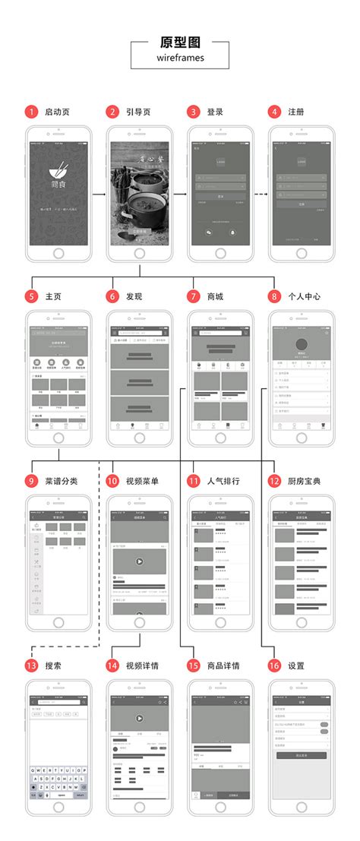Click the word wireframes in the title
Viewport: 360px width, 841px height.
click(180, 56)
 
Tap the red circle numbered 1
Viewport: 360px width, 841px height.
click(31, 112)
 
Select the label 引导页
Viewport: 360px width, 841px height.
click(137, 112)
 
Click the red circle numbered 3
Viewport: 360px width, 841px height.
click(194, 112)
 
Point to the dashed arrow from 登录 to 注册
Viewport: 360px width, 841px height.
click(259, 194)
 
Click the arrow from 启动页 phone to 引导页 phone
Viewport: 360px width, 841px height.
click(98, 194)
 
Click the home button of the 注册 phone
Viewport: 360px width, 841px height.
click(301, 254)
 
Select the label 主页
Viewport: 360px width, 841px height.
click(52, 296)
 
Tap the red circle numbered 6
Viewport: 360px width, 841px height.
click(112, 296)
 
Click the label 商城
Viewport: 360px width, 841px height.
click(216, 296)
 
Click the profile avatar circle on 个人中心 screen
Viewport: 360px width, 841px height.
click(301, 344)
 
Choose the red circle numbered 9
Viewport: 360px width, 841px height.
click(31, 481)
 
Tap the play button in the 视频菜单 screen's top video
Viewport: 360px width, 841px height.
click(139, 561)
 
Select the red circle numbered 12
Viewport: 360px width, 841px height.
click(275, 481)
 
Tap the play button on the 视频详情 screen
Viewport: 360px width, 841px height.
click(139, 718)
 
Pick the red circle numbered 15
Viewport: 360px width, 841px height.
click(194, 666)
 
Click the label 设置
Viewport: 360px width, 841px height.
click(296, 666)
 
